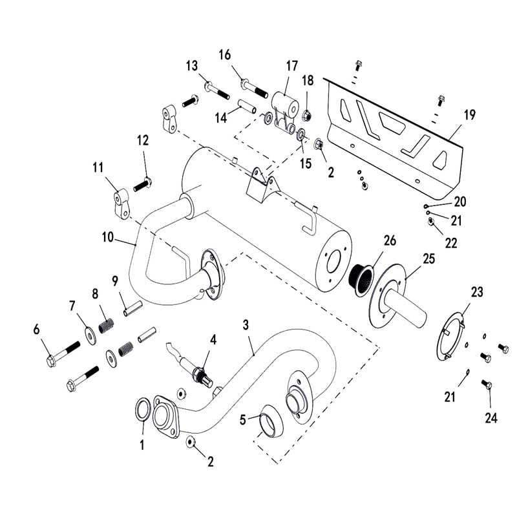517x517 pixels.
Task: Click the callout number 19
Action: tap(470, 115)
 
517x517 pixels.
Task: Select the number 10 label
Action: tap(107, 238)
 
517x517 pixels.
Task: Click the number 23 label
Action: tap(477, 292)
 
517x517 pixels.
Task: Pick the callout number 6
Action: tap(36, 330)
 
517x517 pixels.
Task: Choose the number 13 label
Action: tap(192, 67)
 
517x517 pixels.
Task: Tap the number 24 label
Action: tap(491, 418)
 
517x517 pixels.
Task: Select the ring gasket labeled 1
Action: tap(143, 409)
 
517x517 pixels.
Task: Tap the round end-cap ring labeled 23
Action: tap(455, 336)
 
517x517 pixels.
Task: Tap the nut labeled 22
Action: tap(431, 223)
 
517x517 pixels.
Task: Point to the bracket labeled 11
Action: tap(120, 203)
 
